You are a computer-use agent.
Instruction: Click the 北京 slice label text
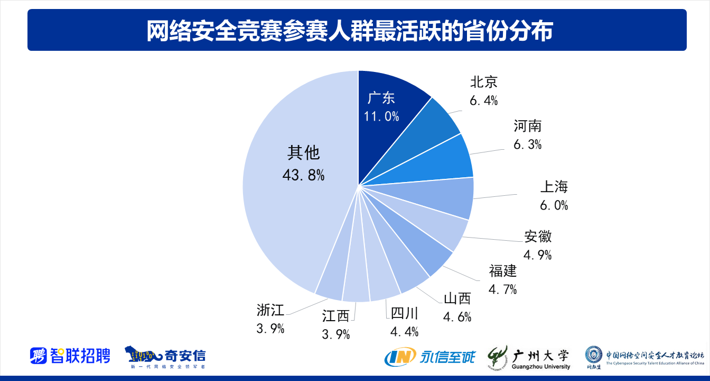point(483,82)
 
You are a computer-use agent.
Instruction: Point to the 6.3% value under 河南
point(527,144)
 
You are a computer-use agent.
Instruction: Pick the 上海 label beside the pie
point(554,187)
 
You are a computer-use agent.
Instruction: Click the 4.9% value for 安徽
point(537,255)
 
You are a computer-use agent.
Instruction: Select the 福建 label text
point(502,271)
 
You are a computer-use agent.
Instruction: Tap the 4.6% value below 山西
point(457,317)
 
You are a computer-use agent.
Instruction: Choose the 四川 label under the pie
point(404,313)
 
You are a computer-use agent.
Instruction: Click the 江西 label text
point(336,316)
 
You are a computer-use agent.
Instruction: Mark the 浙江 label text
point(270,310)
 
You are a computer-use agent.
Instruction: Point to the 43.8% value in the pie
point(303,175)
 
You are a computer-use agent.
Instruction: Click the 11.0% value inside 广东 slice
point(381,116)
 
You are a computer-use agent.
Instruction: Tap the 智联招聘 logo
point(70,356)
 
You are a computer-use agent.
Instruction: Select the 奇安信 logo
point(165,357)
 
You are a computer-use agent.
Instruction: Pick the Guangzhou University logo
point(529,357)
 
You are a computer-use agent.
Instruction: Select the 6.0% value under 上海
point(554,205)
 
